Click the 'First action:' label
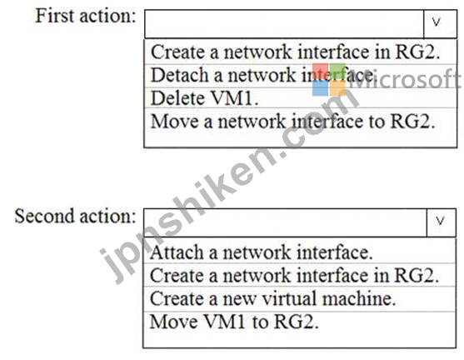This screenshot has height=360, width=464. tap(86, 16)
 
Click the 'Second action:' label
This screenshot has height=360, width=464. tap(75, 216)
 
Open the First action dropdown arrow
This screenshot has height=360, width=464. tap(440, 24)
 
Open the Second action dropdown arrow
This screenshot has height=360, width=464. tap(441, 222)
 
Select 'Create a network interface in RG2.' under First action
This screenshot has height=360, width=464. tap(296, 52)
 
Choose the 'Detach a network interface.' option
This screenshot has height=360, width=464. tap(263, 75)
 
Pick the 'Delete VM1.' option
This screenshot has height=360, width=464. tap(204, 98)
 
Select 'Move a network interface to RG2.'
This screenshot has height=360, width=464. tap(292, 121)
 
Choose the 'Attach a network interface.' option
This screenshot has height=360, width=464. tap(262, 252)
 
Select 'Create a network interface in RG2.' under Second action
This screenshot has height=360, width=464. tap(294, 275)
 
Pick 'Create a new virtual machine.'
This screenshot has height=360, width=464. tap(273, 298)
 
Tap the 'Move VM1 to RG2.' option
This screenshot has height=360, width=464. tap(234, 322)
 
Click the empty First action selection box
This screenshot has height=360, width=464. tap(284, 24)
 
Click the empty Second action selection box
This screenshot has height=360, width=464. tap(285, 222)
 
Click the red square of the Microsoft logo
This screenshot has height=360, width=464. tap(321, 72)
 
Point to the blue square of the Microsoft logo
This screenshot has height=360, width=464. tap(321, 88)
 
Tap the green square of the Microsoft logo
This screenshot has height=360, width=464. tap(337, 72)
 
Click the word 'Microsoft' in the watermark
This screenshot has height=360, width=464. tap(405, 79)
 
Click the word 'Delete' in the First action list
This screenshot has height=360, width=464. tap(177, 98)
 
